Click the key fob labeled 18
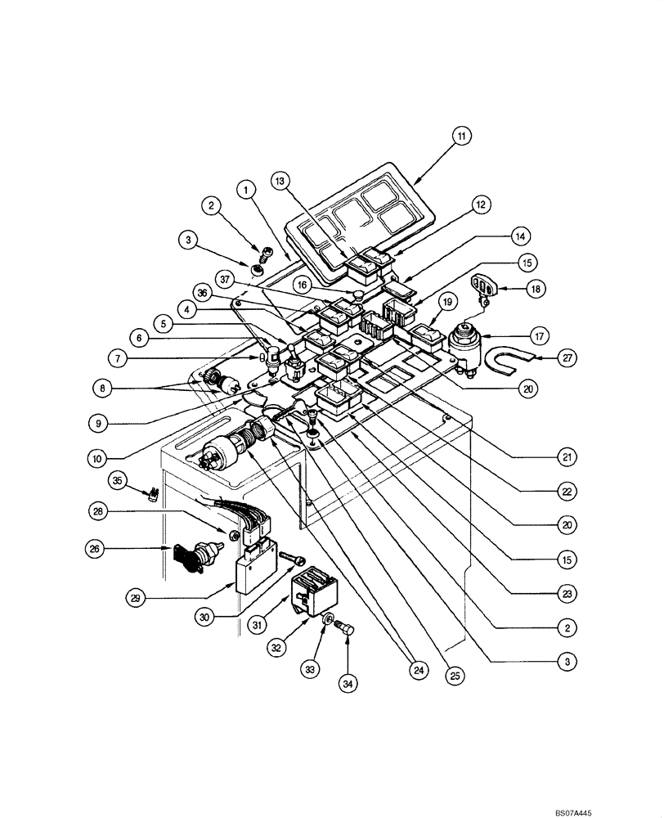click(483, 287)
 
